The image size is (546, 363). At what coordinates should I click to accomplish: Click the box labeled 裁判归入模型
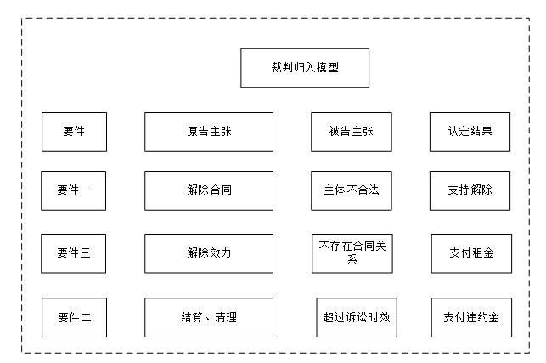(305, 68)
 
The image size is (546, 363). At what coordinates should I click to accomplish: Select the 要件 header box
(74, 132)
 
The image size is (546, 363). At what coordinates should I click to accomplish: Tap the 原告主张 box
(209, 132)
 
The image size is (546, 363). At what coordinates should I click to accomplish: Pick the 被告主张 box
(351, 132)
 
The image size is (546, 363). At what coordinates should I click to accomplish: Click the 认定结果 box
(470, 132)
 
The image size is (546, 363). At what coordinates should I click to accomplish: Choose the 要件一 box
(74, 190)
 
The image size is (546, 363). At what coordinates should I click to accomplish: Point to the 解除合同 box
(209, 190)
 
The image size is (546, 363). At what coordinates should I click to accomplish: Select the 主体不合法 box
(351, 190)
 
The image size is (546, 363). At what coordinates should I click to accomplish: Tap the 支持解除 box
(470, 190)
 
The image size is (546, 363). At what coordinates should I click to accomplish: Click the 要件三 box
(74, 253)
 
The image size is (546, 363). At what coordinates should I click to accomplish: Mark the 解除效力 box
(209, 253)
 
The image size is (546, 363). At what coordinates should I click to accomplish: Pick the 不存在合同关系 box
(351, 253)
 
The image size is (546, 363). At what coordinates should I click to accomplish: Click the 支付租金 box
(471, 253)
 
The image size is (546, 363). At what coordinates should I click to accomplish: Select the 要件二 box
(74, 318)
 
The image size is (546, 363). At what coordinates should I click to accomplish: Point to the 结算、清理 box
(209, 318)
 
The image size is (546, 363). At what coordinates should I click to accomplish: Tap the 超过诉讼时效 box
(356, 318)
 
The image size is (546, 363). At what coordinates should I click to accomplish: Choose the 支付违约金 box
(471, 318)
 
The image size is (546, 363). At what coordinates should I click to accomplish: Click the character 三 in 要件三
(85, 253)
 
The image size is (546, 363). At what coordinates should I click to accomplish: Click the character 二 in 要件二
(85, 318)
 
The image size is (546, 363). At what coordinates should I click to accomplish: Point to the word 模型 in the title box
(327, 68)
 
